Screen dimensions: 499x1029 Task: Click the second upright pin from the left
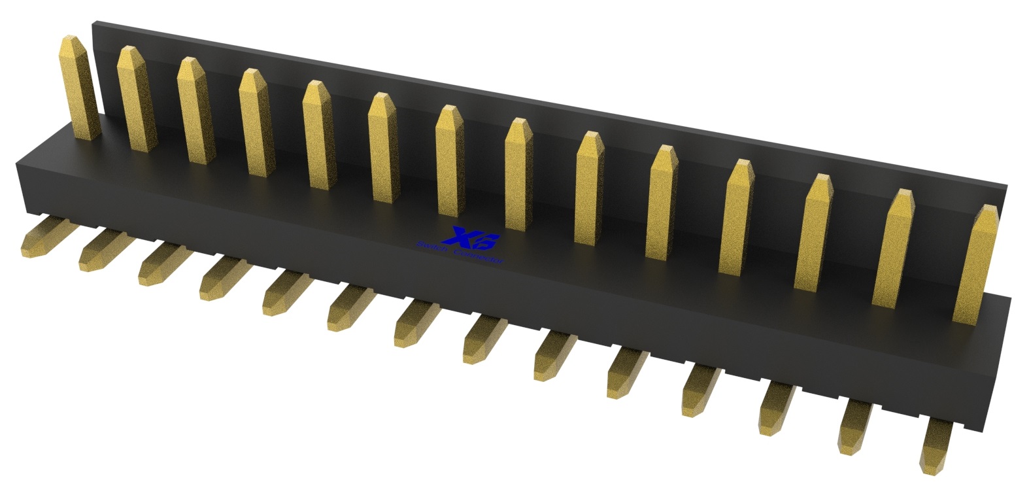(x=134, y=105)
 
